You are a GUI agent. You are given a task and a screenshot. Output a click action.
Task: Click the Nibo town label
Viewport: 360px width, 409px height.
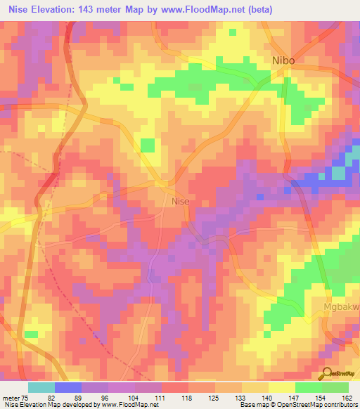pyautogui.click(x=283, y=61)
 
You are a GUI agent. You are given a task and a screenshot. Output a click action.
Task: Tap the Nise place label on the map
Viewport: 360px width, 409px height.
pyautogui.click(x=181, y=201)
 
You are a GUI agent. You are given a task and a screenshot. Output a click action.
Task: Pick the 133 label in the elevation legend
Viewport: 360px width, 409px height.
pyautogui.click(x=241, y=396)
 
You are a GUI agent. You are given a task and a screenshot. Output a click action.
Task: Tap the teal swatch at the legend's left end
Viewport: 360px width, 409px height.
pyautogui.click(x=41, y=387)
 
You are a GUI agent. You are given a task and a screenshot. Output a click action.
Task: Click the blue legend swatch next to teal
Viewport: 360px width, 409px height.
pyautogui.click(x=67, y=387)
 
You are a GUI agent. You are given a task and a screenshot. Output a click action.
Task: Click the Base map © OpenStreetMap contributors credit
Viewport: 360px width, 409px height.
pyautogui.click(x=298, y=404)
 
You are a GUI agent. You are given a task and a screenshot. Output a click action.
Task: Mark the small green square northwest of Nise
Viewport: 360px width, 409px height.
pyautogui.click(x=147, y=145)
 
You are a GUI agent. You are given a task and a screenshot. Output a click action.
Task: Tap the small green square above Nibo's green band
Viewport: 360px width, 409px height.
pyautogui.click(x=233, y=32)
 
